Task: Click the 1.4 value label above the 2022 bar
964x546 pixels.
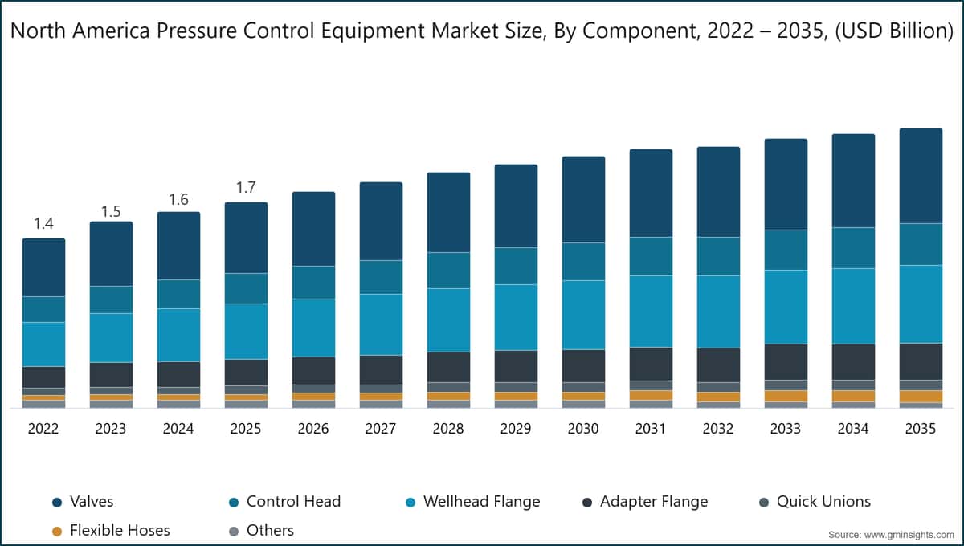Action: click(43, 224)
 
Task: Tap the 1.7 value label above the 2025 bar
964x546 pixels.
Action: click(246, 188)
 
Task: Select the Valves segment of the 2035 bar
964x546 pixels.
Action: click(921, 175)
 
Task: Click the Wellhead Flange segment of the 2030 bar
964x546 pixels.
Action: click(583, 314)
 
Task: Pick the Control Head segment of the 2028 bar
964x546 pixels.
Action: click(448, 270)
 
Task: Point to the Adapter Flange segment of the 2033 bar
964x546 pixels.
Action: click(786, 361)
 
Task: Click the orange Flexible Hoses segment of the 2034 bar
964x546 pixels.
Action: click(853, 396)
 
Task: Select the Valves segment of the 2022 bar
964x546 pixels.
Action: click(43, 267)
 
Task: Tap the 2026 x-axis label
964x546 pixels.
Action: click(313, 429)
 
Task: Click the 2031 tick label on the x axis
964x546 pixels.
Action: click(651, 429)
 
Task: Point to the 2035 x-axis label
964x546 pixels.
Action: click(921, 429)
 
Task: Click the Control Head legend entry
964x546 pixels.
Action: click(293, 502)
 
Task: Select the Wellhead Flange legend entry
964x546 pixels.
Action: click(481, 502)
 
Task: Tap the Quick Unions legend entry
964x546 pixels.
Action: click(823, 502)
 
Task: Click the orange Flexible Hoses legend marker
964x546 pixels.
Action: click(56, 531)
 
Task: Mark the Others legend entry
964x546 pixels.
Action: click(270, 531)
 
